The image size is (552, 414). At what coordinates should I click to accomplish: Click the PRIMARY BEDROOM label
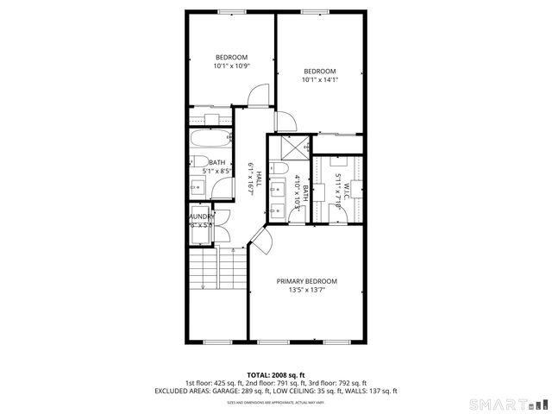pos(306,281)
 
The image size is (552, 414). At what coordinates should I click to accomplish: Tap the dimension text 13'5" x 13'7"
pos(306,291)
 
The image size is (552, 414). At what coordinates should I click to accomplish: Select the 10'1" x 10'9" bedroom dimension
pos(231,66)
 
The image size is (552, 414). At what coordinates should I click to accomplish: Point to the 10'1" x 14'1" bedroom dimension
pos(319,80)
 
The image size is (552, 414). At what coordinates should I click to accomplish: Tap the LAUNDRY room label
pos(202,217)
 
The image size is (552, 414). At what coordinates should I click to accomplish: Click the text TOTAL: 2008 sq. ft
pos(275,374)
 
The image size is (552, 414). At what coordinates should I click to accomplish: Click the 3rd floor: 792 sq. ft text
pos(338,382)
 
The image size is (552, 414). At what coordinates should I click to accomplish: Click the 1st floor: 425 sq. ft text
pos(215,382)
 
